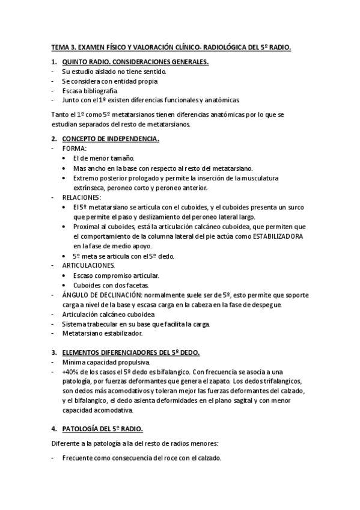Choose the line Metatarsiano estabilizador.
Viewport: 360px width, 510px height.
102,333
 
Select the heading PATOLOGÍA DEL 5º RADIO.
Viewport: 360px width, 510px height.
102,429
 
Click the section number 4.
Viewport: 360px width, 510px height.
53,429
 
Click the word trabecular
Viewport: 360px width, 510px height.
97,324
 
